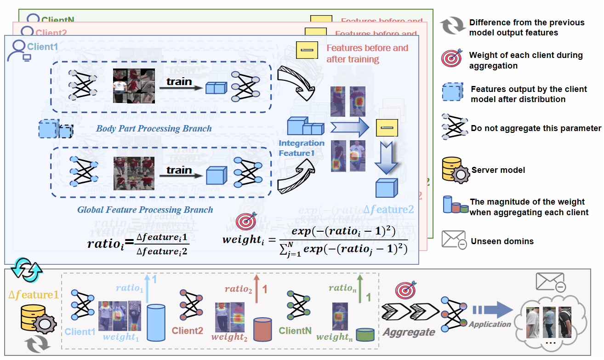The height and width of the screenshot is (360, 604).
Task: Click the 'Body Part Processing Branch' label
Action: [154, 128]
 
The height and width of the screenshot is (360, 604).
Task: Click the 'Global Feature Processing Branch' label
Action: [145, 210]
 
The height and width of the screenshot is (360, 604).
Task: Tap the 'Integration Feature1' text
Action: [302, 148]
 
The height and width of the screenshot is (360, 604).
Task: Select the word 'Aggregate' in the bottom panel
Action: [409, 332]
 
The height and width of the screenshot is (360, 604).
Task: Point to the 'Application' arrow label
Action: [490, 324]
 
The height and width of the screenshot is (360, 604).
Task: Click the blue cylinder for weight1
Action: [156, 323]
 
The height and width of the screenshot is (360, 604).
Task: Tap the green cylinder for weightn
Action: [365, 334]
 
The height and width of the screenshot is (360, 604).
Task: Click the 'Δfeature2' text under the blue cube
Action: [388, 210]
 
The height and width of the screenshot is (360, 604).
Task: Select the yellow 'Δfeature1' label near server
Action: [34, 295]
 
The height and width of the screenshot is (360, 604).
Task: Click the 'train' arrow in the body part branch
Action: [179, 81]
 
